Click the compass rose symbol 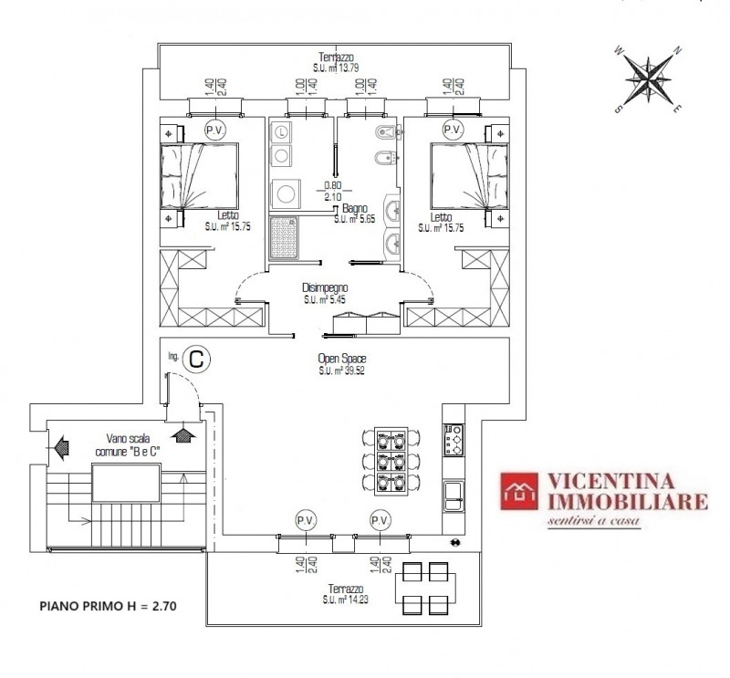coord(648,79)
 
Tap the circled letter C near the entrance coord(196,360)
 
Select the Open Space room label coord(341,359)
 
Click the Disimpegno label coord(325,288)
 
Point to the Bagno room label coord(355,208)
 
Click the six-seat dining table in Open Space coord(391,460)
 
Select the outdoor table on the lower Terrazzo coord(425,588)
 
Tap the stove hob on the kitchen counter coord(453,439)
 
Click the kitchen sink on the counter coord(453,495)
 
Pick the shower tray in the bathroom coord(284,237)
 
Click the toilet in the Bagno coord(386,133)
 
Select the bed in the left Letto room coord(200,176)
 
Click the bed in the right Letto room coord(469,176)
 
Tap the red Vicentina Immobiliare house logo coord(519,491)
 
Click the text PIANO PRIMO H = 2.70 coord(108,606)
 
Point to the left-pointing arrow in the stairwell coord(61,447)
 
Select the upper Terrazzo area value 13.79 coord(349,68)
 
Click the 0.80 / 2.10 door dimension coord(332,191)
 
